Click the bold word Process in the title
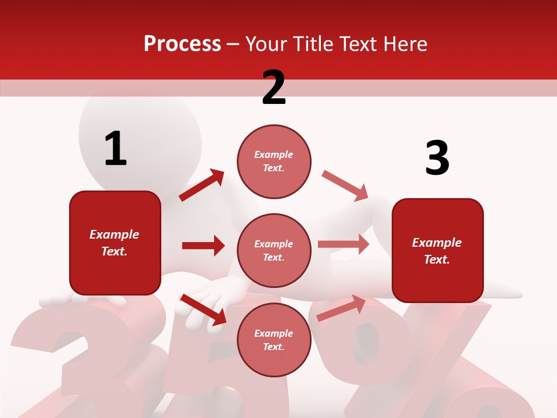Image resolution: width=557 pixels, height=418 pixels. tap(182, 44)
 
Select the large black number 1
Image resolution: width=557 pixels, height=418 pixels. tap(115, 149)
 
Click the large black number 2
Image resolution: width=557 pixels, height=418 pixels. tap(274, 88)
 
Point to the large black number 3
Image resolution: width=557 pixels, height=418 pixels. tap(437, 158)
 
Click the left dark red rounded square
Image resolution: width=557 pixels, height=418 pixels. tap(115, 243)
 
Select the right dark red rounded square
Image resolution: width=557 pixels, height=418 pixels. tap(437, 250)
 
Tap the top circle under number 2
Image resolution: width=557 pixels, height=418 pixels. tap(274, 161)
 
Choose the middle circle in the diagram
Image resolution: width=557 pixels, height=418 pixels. tap(274, 250)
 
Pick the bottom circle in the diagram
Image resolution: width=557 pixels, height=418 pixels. tap(274, 340)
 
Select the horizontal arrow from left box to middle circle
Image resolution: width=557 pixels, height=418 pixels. tap(203, 246)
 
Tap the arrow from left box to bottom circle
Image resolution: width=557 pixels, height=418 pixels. tap(203, 309)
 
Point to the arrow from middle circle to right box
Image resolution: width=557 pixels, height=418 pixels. tap(343, 244)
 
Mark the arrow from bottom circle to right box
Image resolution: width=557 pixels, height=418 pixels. tap(341, 308)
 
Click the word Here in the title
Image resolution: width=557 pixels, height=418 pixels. tap(406, 44)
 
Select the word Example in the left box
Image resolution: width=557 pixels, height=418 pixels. tap(114, 235)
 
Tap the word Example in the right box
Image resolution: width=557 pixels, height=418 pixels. tap(437, 243)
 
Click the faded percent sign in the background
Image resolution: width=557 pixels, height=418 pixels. tap(418, 360)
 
